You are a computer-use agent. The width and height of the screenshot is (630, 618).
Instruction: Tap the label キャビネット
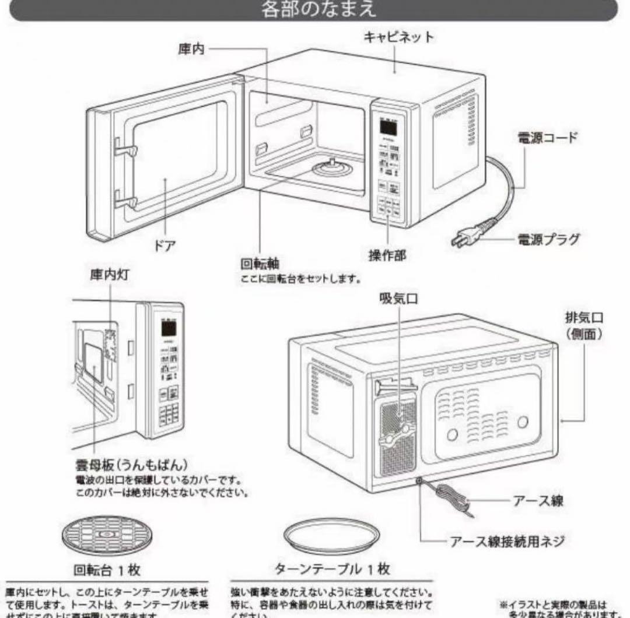click(x=399, y=37)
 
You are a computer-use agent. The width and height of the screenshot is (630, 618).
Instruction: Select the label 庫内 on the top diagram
click(x=191, y=50)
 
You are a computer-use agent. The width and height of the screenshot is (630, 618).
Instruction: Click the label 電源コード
click(x=548, y=138)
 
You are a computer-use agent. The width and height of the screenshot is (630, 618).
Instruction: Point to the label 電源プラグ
click(x=548, y=239)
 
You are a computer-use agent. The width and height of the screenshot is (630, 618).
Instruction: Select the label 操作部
click(x=387, y=255)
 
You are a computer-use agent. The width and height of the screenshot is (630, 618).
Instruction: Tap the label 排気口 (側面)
click(x=584, y=326)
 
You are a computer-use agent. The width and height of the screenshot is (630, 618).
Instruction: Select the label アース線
click(x=538, y=500)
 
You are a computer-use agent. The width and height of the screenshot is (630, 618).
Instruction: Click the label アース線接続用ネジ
click(x=506, y=542)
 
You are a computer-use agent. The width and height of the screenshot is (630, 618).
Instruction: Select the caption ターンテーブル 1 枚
click(x=332, y=568)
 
